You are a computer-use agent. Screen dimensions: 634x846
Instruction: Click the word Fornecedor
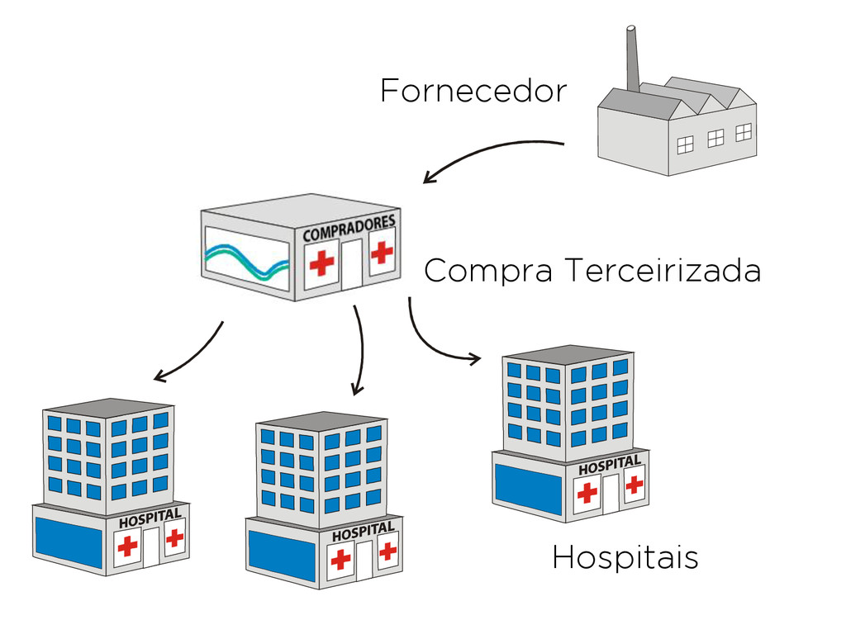coord(473,91)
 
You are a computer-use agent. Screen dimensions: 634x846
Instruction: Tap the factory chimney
coord(632,58)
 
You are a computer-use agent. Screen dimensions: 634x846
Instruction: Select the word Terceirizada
coord(663,270)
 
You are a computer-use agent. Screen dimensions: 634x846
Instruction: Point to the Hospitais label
coord(625,558)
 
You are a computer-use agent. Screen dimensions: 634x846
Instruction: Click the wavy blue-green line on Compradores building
coord(246,261)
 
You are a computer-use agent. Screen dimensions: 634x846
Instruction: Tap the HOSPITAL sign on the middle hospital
coord(363,532)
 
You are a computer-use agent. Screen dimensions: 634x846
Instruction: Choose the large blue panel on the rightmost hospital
coord(528,488)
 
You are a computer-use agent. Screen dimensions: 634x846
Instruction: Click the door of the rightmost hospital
coord(611,494)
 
